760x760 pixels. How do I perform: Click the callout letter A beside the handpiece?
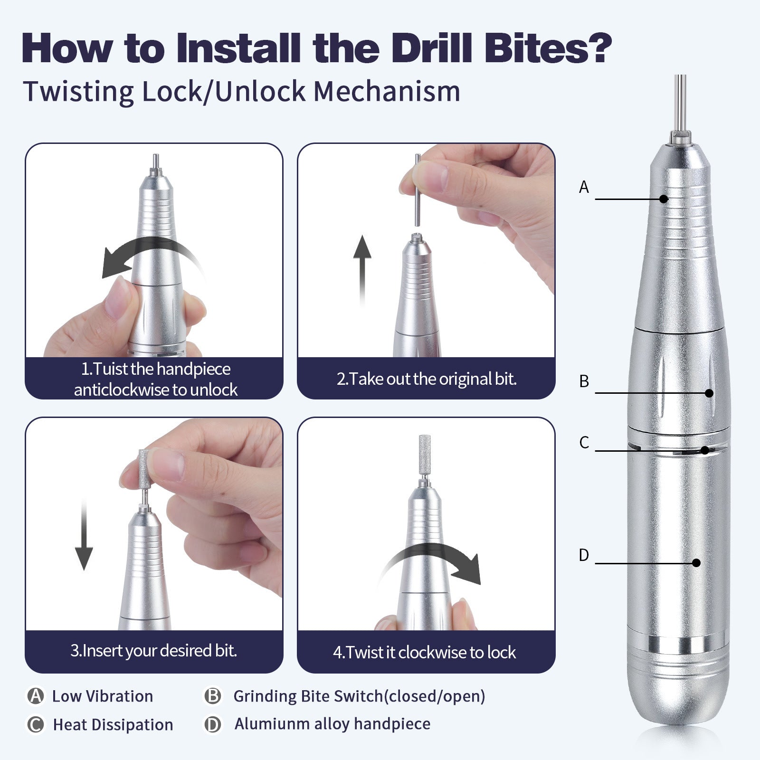[x=584, y=187]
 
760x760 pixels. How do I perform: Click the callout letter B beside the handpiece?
[x=584, y=381]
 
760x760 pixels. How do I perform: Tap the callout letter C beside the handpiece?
[x=584, y=443]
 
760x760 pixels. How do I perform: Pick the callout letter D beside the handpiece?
[x=584, y=555]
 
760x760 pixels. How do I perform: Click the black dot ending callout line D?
[x=696, y=563]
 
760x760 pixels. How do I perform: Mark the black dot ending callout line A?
[x=664, y=199]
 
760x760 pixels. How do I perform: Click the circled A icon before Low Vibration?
[x=36, y=696]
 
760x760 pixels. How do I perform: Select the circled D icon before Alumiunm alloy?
[x=213, y=725]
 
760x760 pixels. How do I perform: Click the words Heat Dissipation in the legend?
[x=113, y=725]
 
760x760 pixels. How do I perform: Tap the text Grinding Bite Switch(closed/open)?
[x=359, y=696]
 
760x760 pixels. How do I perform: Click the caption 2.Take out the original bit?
[x=426, y=379]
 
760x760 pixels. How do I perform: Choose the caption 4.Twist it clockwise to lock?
[x=424, y=652]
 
